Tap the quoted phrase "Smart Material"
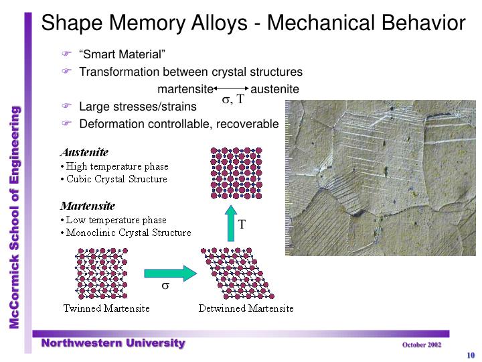click(123, 54)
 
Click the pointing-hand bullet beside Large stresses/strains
click(66, 106)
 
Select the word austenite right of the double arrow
click(275, 89)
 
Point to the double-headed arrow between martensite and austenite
click(231, 88)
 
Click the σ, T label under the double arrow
click(233, 99)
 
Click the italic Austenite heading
click(84, 152)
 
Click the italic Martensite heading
click(88, 206)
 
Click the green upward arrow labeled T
click(231, 223)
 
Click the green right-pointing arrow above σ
click(170, 273)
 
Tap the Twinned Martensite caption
click(106, 308)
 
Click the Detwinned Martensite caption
click(246, 308)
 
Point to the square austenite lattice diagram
click(236, 173)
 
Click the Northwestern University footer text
click(113, 343)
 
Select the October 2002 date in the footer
click(422, 345)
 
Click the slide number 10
click(471, 355)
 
